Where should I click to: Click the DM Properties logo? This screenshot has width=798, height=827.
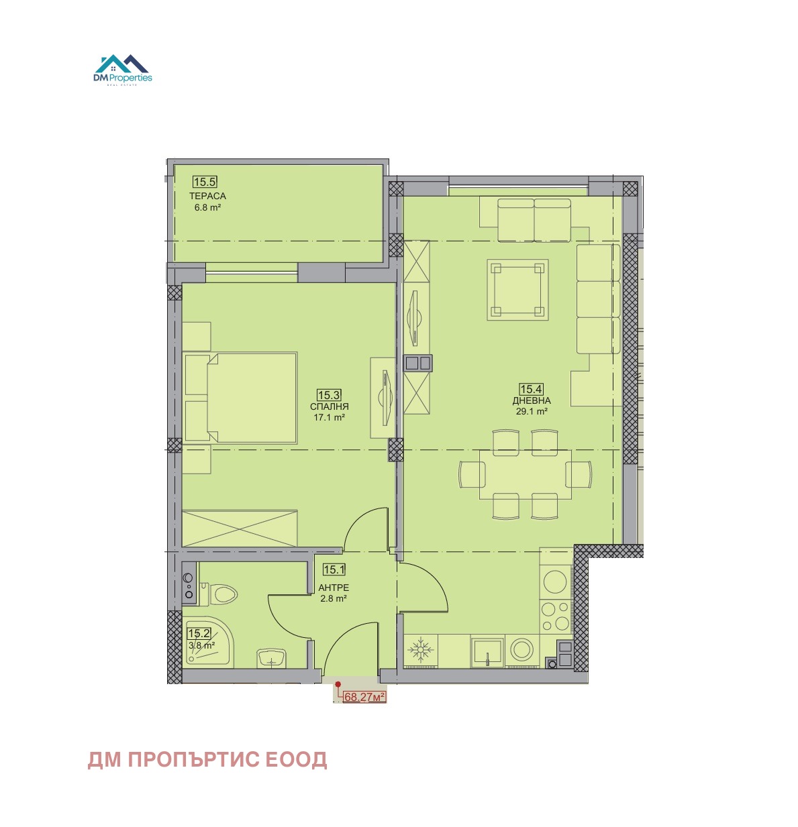click(x=122, y=70)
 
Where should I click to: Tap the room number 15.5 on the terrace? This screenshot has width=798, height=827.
click(x=205, y=182)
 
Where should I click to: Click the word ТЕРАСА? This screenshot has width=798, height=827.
click(x=207, y=196)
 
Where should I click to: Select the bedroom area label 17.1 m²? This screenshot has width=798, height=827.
click(x=329, y=417)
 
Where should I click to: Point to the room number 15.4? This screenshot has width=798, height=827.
click(x=531, y=388)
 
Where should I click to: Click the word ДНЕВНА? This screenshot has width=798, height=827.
click(x=531, y=400)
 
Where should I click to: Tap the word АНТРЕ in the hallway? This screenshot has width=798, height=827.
click(x=334, y=588)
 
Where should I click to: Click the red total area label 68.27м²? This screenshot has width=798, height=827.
click(x=364, y=697)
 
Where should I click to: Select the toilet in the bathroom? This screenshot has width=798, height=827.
click(x=219, y=594)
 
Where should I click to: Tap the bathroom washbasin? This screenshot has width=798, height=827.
click(x=270, y=658)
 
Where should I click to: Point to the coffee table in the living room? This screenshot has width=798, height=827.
click(x=517, y=289)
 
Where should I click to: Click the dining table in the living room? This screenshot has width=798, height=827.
click(x=525, y=474)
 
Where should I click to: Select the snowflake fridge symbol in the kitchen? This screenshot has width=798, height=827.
click(x=420, y=649)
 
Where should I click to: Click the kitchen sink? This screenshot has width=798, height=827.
click(x=487, y=653)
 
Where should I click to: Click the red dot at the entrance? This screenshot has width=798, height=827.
click(x=338, y=684)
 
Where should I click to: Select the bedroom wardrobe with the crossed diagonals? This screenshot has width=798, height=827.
click(x=240, y=529)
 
